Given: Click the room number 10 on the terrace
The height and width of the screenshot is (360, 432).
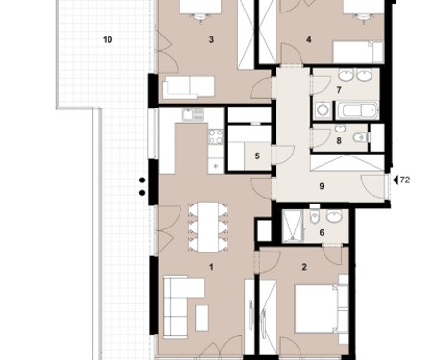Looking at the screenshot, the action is click(108, 39).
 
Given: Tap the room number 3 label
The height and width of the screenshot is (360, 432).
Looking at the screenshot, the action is click(211, 39).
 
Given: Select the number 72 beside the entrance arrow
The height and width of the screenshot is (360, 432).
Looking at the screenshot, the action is click(405, 180).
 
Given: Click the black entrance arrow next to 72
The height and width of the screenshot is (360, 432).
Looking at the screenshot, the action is click(396, 180).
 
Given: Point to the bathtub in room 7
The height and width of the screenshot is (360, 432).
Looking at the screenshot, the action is click(357, 110).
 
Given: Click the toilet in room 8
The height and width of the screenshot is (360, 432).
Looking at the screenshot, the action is click(361, 137).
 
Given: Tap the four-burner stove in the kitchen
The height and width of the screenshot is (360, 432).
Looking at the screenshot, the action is click(216, 136).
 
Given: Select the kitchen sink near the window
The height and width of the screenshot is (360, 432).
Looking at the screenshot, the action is click(193, 115).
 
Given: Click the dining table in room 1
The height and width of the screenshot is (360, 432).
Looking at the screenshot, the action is click(208, 227).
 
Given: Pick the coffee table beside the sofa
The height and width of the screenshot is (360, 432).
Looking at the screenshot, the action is click(202, 318).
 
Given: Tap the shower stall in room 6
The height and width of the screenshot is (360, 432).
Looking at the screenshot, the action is click(293, 226).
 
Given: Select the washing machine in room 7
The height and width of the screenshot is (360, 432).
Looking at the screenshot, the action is click(324, 110).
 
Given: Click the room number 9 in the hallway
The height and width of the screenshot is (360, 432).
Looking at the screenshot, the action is click(322, 186).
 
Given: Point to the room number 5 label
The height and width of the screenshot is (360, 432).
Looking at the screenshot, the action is click(257, 156).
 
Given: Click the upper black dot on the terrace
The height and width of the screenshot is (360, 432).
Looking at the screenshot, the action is click(142, 180).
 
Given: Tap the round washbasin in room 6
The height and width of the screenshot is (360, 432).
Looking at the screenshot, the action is click(334, 216).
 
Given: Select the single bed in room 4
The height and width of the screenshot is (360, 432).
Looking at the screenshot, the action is click(358, 52).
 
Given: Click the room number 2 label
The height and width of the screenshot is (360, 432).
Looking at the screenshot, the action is click(304, 267).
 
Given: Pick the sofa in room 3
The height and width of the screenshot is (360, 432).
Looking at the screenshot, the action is click(189, 87).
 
